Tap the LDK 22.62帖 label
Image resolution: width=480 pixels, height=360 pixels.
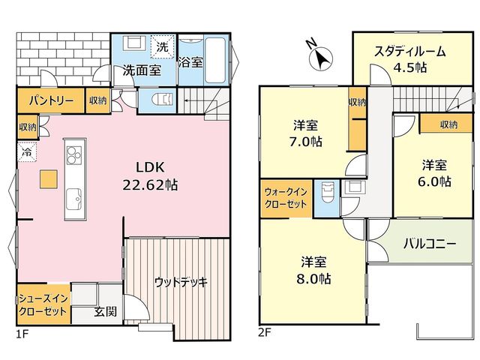(x=150, y=176)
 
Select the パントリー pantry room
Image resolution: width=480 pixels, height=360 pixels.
(x=51, y=100)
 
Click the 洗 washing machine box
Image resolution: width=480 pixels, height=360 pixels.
(x=162, y=46)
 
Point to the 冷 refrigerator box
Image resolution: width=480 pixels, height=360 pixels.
(x=27, y=151)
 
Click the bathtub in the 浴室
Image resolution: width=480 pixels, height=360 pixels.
(x=215, y=60)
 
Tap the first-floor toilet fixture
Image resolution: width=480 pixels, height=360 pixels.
(x=162, y=100)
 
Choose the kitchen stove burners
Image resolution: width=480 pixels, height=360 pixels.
(x=75, y=155)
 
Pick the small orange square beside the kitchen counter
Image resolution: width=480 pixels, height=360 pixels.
(x=48, y=179)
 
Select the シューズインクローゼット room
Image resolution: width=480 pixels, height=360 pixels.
(x=43, y=304)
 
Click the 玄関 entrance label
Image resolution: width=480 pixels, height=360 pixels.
(x=105, y=312)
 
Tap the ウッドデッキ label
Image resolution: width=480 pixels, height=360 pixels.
(x=181, y=282)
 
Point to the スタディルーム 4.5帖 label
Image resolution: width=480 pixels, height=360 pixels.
(x=410, y=59)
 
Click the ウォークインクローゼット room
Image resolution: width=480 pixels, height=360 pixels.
(x=286, y=198)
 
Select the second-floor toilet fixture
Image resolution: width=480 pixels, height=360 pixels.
(x=327, y=192)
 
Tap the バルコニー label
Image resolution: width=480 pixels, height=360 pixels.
(x=430, y=244)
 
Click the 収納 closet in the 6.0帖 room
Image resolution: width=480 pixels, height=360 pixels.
(x=445, y=124)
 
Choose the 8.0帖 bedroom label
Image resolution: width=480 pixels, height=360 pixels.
(x=313, y=271)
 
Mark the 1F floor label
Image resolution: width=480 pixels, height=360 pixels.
(x=22, y=333)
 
